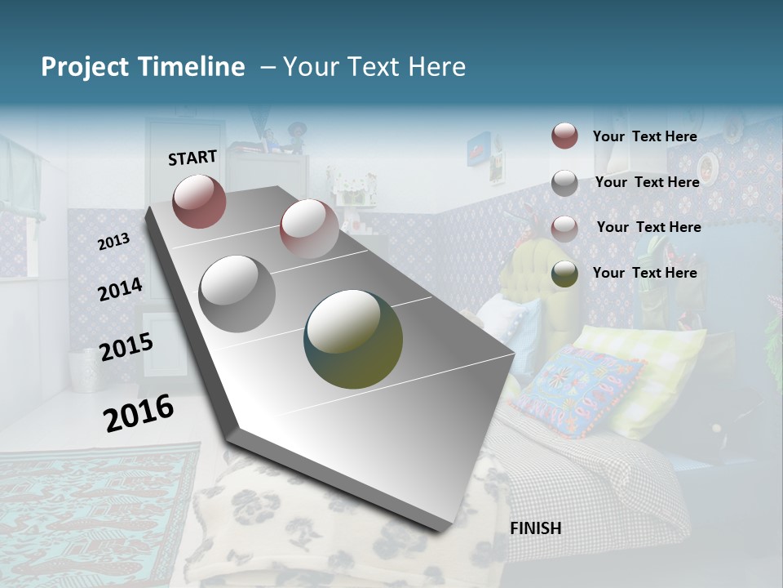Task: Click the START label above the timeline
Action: click(192, 157)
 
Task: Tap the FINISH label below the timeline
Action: click(535, 528)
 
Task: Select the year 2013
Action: click(113, 241)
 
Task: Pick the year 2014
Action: click(120, 289)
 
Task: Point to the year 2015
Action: click(126, 347)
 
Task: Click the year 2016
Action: click(139, 412)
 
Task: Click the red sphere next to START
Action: click(199, 201)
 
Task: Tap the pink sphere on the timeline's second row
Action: click(309, 229)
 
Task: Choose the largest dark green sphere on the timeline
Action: click(353, 339)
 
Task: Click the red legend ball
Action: click(564, 136)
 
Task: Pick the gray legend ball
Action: click(564, 183)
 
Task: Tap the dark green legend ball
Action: click(564, 274)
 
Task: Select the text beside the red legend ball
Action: click(644, 136)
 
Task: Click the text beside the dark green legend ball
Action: click(644, 273)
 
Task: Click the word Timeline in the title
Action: click(192, 67)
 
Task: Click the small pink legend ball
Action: click(564, 228)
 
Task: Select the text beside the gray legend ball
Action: click(647, 182)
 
